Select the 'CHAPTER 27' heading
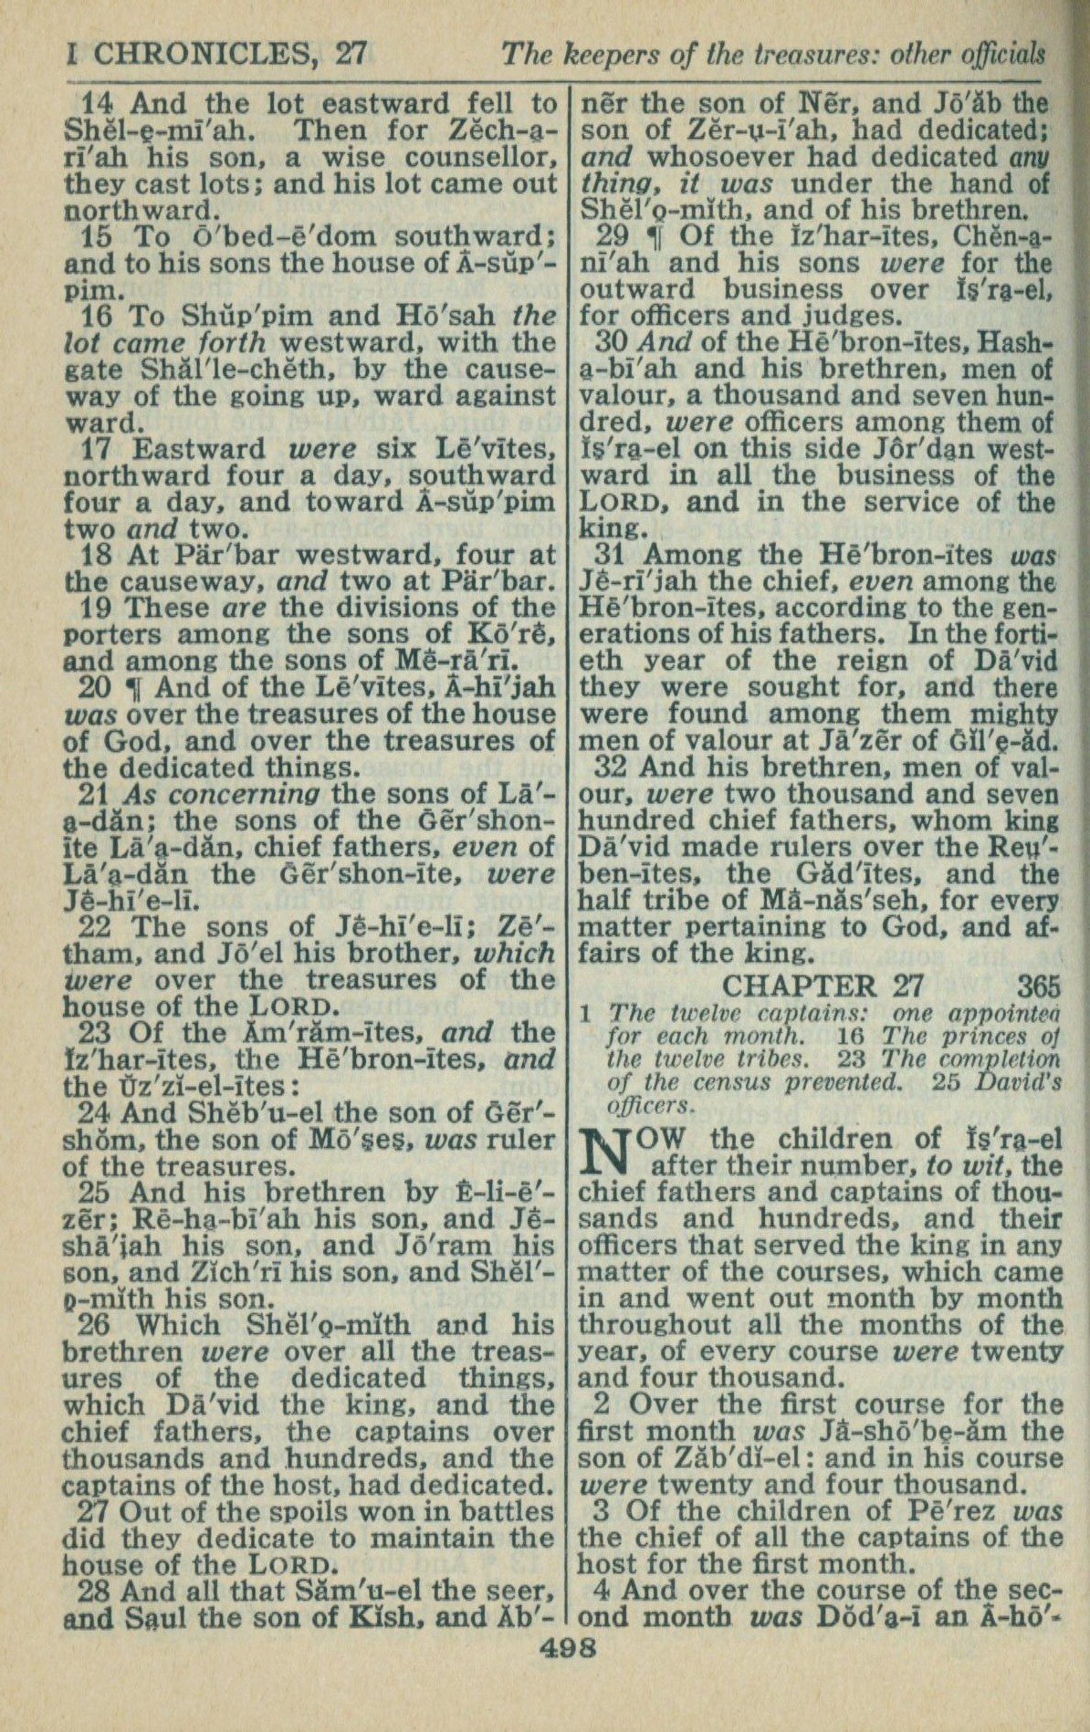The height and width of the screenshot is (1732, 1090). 823,986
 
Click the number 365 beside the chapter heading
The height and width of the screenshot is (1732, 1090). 1039,986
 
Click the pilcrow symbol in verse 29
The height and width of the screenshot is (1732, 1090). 653,236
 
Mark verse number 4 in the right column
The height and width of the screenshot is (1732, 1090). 601,1591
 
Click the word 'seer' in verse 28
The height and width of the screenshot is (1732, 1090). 523,1591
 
